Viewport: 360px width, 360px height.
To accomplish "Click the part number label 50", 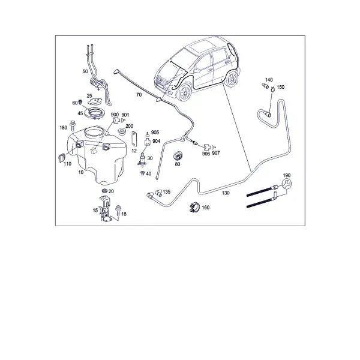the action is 85,71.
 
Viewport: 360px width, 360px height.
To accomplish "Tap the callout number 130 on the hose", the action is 226,193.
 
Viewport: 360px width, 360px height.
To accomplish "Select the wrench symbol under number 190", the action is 287,184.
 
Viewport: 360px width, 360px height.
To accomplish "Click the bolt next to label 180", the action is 73,125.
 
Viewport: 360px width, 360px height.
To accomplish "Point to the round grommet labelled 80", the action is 178,155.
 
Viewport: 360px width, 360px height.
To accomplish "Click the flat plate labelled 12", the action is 134,139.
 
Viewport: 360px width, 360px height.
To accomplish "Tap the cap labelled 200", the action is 122,132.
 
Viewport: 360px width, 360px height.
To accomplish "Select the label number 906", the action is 206,154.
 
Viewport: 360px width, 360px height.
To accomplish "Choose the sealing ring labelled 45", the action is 94,113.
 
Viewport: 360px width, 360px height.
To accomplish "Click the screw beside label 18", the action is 118,211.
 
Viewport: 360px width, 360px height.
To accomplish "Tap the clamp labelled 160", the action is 195,208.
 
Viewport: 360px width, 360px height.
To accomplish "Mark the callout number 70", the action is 139,95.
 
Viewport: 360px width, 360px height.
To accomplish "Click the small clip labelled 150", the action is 272,89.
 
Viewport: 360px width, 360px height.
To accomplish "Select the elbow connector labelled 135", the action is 158,193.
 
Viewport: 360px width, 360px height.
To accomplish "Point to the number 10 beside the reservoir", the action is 81,172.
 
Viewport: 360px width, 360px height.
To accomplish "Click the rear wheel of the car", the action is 231,79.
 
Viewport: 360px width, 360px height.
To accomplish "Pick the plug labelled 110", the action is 62,157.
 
